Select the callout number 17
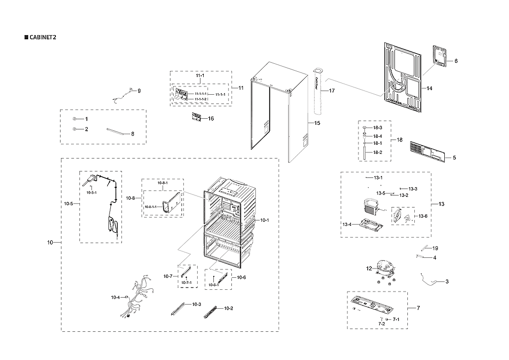pos(331,91)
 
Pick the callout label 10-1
pos(264,220)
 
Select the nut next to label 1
pos(74,119)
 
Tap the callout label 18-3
pos(377,128)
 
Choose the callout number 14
pos(429,88)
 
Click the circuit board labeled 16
pos(196,118)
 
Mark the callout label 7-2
pos(382,324)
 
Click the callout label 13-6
pos(423,216)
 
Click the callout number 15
pos(317,123)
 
